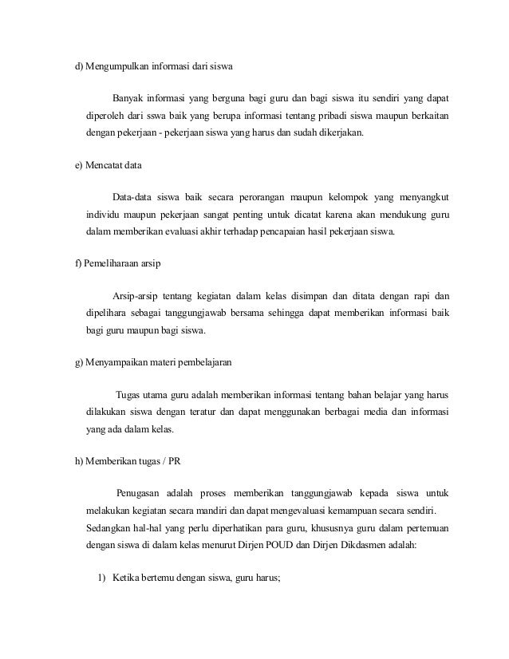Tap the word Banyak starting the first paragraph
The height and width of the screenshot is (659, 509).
tap(128, 99)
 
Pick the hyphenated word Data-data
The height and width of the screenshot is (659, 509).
tap(135, 198)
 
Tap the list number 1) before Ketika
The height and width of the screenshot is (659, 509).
tap(101, 578)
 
